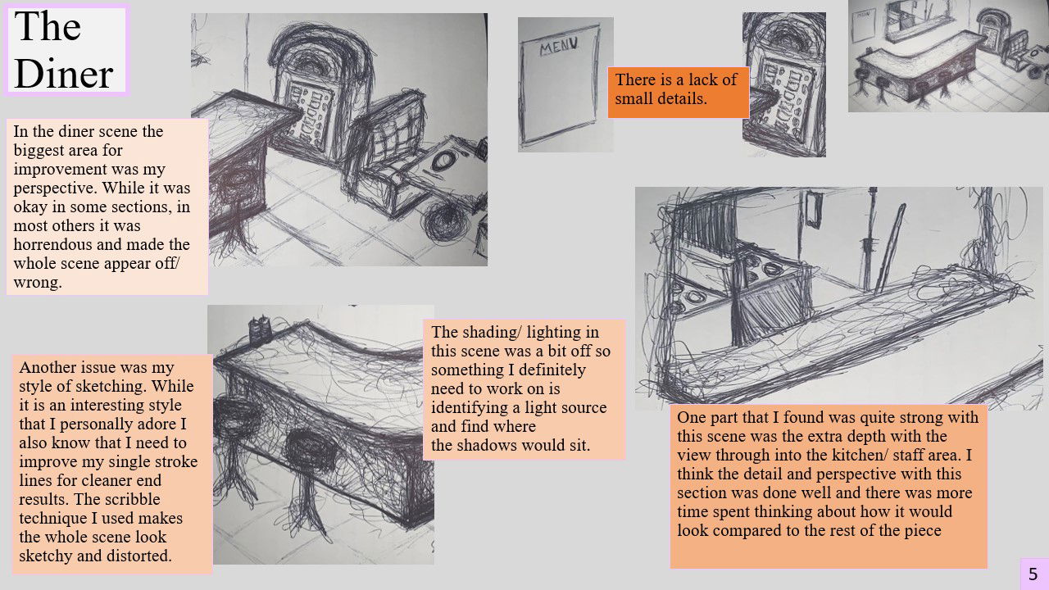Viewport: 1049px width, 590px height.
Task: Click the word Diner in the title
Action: (x=64, y=73)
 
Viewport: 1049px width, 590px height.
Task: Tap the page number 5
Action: (x=1033, y=574)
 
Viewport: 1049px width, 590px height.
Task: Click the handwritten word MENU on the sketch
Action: (x=559, y=47)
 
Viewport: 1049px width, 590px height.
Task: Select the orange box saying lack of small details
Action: (x=678, y=93)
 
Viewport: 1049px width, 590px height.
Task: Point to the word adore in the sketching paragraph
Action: (x=157, y=424)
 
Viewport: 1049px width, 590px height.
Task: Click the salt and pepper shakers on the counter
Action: (x=260, y=329)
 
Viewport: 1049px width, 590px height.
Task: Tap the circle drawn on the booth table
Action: (x=443, y=161)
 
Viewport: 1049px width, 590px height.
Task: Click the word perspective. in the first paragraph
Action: (x=52, y=188)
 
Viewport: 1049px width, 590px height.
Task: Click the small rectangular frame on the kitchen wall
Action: (x=814, y=209)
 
